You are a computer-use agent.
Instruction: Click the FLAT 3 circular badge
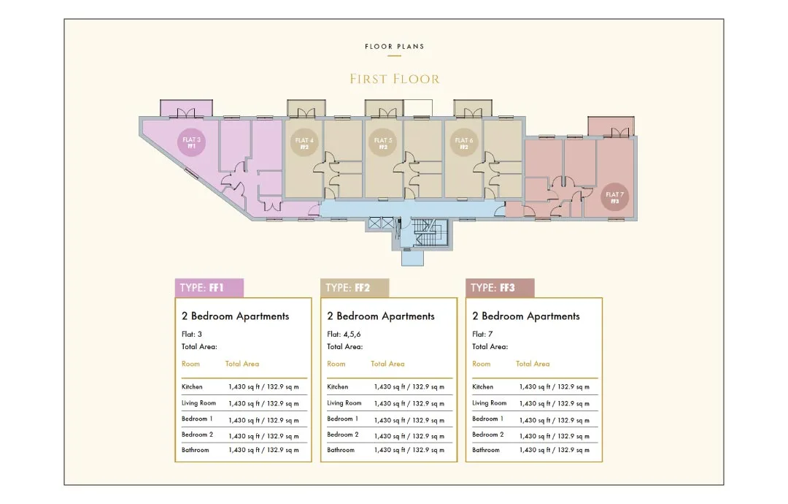click(191, 142)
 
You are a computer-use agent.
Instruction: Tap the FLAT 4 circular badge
click(304, 143)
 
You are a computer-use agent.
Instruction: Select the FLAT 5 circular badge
click(383, 143)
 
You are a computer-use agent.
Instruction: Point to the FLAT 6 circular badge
click(463, 143)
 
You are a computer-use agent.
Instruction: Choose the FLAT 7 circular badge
click(614, 197)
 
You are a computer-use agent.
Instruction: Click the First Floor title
click(395, 79)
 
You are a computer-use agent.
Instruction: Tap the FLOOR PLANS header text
click(395, 46)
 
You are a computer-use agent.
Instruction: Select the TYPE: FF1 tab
click(209, 288)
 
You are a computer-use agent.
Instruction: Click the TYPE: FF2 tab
click(355, 288)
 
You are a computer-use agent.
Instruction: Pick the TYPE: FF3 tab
click(500, 288)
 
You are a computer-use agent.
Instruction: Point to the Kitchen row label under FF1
click(192, 387)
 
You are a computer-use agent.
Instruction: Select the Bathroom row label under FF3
click(486, 450)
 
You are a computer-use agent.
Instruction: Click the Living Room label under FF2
click(344, 403)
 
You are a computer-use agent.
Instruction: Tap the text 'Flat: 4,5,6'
click(344, 334)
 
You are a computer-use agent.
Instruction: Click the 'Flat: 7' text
click(482, 334)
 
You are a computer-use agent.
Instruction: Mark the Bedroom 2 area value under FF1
click(264, 436)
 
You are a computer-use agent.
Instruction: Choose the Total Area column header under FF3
click(533, 364)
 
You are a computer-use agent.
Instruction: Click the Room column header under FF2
click(336, 364)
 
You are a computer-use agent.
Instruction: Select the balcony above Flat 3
click(187, 107)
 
